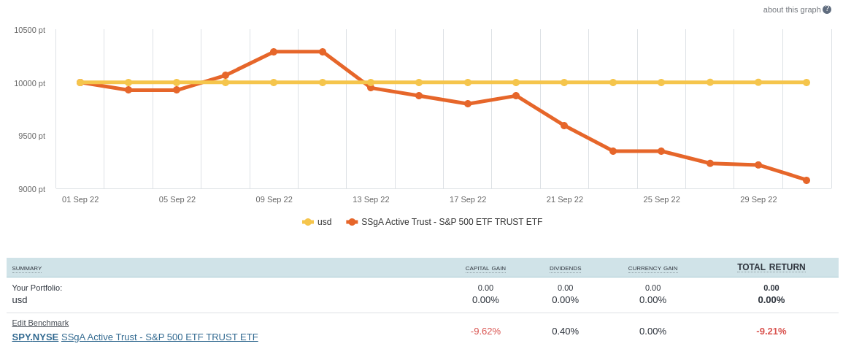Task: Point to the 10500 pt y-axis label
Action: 30,30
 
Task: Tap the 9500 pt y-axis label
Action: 31,136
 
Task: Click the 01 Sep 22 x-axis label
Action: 80,199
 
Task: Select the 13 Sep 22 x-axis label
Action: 371,199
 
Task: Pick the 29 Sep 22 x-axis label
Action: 758,199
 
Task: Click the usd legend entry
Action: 317,222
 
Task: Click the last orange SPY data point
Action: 807,180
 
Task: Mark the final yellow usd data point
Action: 807,83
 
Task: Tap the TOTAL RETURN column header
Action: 771,267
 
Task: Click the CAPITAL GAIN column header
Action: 485,269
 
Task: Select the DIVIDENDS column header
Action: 565,269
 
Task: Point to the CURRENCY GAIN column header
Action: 653,269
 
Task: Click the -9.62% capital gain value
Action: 485,332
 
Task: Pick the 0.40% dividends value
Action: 565,332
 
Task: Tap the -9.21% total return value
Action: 771,332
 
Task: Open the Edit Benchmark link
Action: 40,323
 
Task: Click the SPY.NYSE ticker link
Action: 35,337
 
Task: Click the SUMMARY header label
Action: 27,269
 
